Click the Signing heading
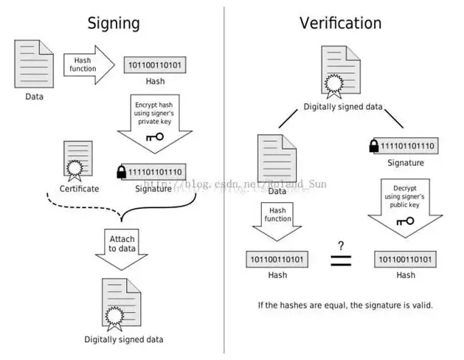114,23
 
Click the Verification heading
340,23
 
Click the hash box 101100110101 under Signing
155,65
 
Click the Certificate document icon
78,161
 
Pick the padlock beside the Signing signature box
122,172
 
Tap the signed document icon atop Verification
342,72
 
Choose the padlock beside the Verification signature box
374,146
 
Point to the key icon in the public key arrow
405,221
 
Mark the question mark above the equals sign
342,245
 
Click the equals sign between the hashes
341,260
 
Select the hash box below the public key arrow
405,260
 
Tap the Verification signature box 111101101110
408,146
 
